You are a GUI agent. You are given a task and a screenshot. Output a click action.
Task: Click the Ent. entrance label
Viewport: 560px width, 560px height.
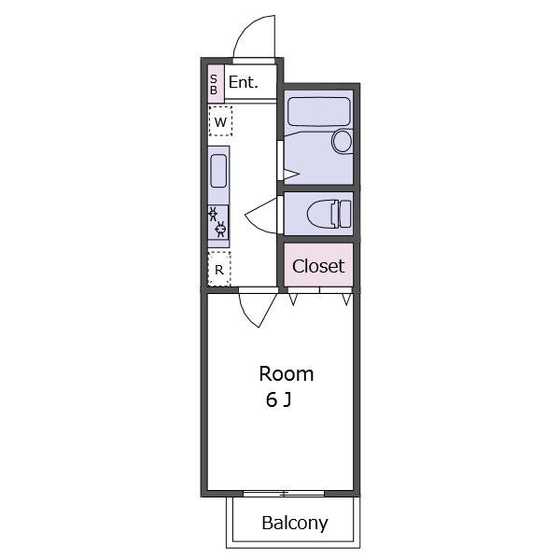tap(243, 82)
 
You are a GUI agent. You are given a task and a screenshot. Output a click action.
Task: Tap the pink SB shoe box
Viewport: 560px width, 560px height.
tap(216, 84)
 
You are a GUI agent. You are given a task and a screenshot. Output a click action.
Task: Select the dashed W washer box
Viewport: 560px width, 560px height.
tap(220, 121)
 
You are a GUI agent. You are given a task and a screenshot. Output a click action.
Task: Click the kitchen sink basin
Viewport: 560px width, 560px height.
tap(218, 171)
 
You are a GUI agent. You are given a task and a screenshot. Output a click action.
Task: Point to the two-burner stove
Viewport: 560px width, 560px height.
tap(217, 222)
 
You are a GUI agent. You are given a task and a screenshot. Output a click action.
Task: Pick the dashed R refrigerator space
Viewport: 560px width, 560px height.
tap(219, 269)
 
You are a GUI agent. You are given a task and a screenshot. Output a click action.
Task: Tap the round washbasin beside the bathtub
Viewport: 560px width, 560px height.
tap(342, 141)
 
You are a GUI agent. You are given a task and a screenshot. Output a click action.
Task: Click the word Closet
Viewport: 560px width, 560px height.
tap(318, 266)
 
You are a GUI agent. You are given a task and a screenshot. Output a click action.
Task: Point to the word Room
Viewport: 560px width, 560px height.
tap(287, 374)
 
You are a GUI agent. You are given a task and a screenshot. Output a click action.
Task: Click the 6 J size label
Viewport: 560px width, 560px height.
tap(278, 399)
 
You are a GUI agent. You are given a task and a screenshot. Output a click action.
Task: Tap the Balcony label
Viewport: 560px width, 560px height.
tap(295, 524)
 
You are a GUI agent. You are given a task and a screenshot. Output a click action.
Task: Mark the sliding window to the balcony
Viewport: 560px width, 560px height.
tap(284, 494)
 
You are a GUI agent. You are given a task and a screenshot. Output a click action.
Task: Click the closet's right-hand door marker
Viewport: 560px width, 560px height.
tap(346, 300)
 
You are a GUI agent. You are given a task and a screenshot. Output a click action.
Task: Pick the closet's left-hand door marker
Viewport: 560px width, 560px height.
tap(293, 300)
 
